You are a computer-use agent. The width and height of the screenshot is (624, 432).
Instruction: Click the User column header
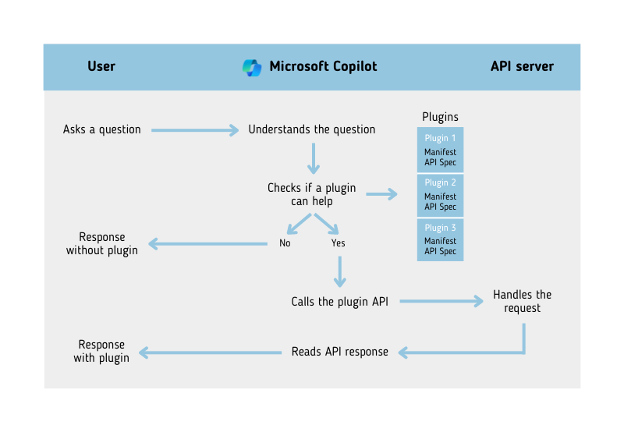coord(101,66)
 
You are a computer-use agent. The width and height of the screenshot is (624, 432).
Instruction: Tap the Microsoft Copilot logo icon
coord(252,67)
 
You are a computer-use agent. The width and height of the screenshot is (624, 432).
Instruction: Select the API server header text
coord(522,66)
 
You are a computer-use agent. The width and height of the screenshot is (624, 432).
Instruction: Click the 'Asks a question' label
coord(102,129)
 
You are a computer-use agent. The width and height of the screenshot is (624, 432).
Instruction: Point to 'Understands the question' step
coord(311,129)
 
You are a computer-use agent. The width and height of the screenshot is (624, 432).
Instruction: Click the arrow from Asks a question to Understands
coord(195,130)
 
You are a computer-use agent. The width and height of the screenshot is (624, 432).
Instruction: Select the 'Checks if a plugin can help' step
coord(311,195)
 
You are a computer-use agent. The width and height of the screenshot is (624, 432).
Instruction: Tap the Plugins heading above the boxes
coord(440,117)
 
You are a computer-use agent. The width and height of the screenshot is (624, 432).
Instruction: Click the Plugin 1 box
coord(440,150)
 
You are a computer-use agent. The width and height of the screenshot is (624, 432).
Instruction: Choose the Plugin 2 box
coord(440,194)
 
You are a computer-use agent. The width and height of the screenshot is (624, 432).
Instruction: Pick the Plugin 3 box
coord(440,239)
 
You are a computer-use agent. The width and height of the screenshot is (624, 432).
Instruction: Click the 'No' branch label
coord(285,243)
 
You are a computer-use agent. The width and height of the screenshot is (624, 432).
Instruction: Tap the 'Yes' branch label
coord(338,243)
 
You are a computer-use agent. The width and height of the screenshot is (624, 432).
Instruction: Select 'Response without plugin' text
coord(102,243)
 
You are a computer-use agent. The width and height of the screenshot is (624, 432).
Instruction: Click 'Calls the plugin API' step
coord(339,301)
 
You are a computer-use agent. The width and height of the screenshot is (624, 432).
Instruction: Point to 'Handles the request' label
coord(522,301)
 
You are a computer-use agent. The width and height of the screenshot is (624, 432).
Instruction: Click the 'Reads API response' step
coord(339,352)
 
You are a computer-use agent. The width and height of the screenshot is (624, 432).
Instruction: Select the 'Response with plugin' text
coord(102,351)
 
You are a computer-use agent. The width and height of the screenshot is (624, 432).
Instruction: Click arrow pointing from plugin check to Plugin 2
coord(381,194)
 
